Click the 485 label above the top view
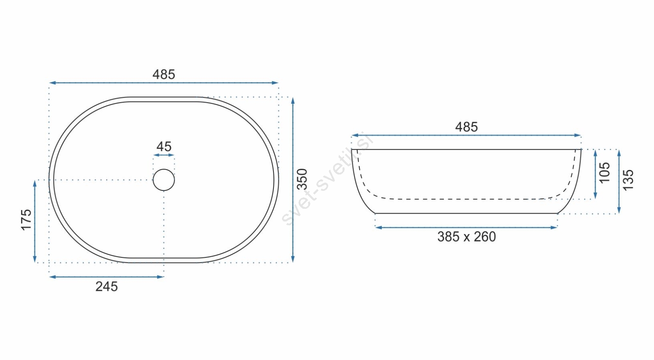point(163,74)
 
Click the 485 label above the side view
point(466,127)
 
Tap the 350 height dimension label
point(302,179)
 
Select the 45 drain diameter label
point(164,147)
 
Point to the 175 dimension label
point(26,220)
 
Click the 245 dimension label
point(107,287)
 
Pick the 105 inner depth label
point(605,173)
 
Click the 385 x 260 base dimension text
point(466,237)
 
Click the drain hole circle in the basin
point(164,169)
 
